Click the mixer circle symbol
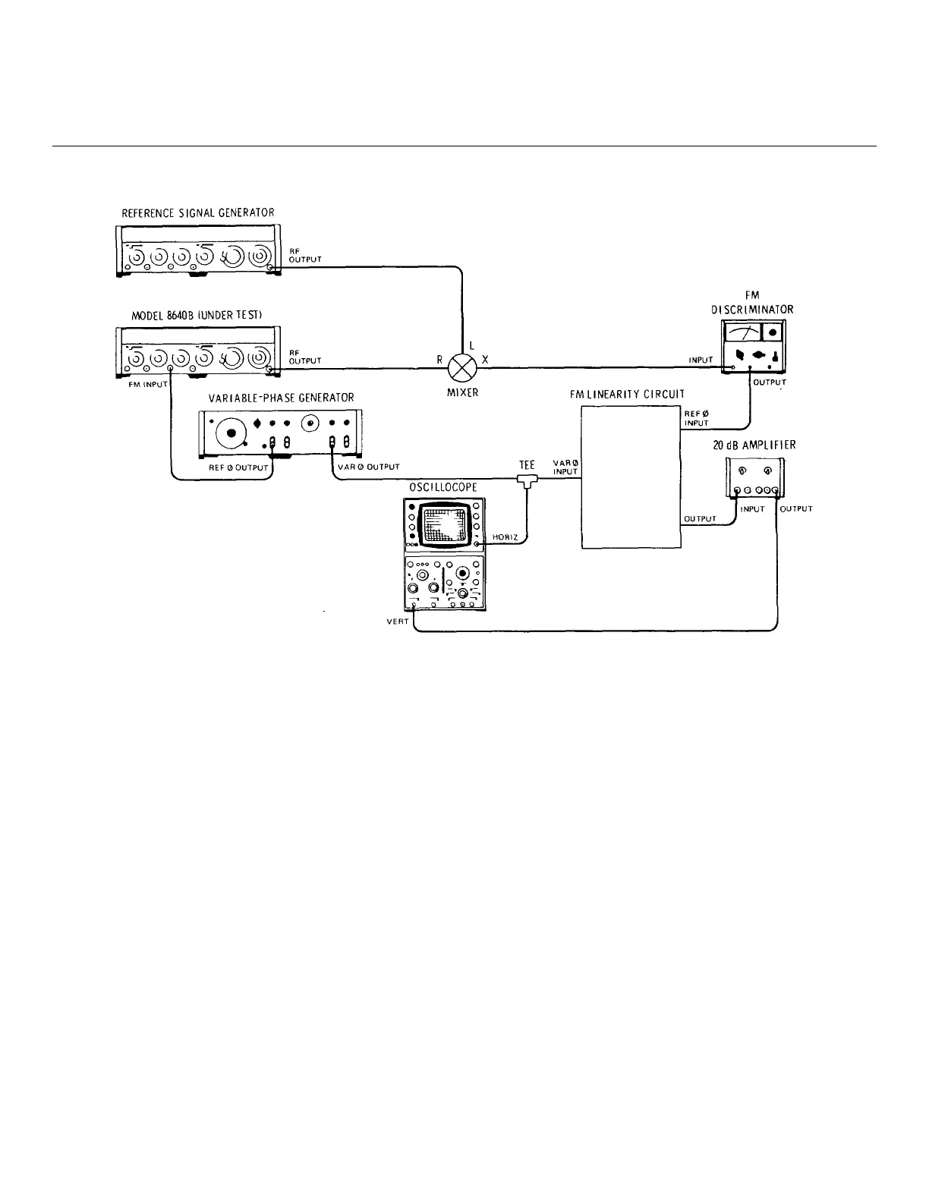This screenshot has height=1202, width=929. tap(461, 368)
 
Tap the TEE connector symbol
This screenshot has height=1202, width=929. tap(525, 479)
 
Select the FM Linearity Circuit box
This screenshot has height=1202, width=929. tap(631, 476)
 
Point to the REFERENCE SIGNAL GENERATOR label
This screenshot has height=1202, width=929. tap(198, 213)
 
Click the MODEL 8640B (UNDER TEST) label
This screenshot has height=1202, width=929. tap(197, 316)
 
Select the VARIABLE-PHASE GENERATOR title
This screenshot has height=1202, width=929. tap(281, 398)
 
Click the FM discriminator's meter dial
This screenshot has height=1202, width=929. tap(742, 332)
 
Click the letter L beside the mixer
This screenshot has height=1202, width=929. tap(471, 345)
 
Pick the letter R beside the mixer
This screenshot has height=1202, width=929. tap(439, 360)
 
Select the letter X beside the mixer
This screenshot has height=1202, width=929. tap(485, 360)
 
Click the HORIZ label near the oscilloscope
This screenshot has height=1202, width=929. tap(505, 537)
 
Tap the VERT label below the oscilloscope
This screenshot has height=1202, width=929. tap(398, 621)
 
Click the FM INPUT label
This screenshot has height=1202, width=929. tap(146, 385)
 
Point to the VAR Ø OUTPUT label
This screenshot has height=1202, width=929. tap(368, 467)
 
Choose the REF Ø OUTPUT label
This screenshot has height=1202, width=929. tap(238, 468)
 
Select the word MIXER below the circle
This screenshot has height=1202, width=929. tap(462, 393)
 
